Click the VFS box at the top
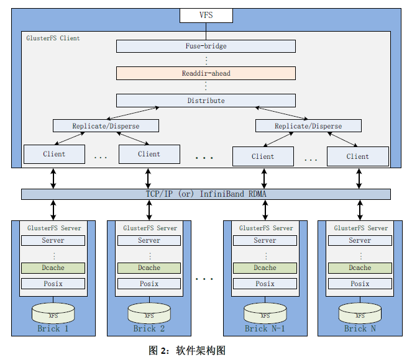[206, 15]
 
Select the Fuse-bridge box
[206, 46]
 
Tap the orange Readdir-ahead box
[206, 73]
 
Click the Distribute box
[206, 101]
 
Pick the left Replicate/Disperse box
[106, 126]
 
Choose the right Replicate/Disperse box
[308, 126]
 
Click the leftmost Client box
[54, 154]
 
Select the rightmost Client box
[357, 156]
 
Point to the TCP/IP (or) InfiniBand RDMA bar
[206, 194]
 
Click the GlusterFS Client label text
[53, 38]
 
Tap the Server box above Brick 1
[53, 240]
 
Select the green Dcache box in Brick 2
[149, 268]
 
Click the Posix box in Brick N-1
[265, 284]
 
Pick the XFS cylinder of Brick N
[359, 312]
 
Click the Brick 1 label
[53, 328]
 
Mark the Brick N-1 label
[265, 328]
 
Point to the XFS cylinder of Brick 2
[149, 312]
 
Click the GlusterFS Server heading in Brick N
[360, 228]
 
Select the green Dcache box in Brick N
[360, 268]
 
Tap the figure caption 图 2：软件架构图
[187, 350]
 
